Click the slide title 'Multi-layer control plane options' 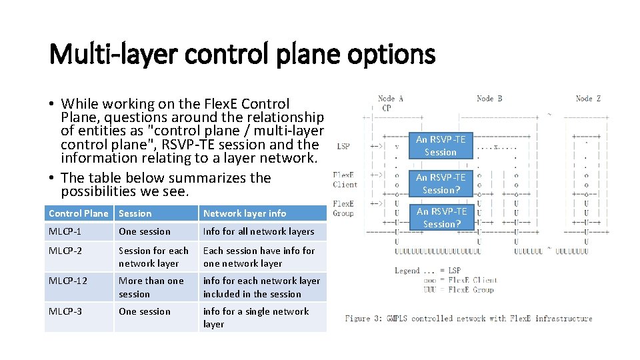(242, 54)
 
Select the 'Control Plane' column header (78, 213)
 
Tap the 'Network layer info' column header (244, 213)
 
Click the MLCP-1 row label (64, 231)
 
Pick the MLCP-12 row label (67, 281)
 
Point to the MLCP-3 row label (65, 311)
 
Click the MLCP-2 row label (64, 251)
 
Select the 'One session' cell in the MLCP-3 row (144, 311)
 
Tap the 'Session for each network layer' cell (153, 257)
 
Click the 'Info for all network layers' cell (258, 231)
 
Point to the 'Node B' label (489, 99)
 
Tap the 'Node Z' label (588, 99)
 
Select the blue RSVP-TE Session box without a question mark (441, 145)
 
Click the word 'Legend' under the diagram (407, 271)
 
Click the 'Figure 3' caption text (468, 319)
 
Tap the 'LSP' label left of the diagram (343, 145)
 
